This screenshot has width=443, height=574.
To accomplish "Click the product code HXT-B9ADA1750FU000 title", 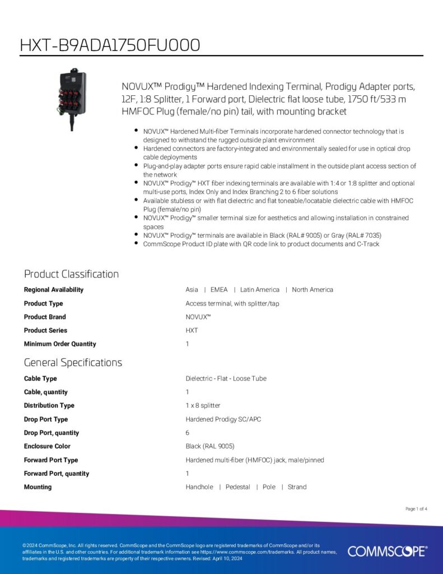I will (110, 45).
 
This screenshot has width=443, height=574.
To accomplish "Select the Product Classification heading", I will (71, 274).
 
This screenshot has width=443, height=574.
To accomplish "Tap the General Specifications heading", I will (73, 363).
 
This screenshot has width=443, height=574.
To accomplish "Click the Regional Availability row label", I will (54, 290).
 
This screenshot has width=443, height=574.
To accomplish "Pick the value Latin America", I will (259, 290).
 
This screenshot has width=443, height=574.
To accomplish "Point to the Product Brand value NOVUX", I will (198, 317).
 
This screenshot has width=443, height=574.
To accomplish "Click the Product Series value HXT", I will (192, 331).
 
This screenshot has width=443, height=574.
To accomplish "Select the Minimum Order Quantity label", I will (60, 344).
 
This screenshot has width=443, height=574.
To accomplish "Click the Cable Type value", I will (226, 379).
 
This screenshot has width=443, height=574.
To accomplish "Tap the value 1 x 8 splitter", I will (203, 406).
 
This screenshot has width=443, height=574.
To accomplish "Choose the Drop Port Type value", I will (223, 419).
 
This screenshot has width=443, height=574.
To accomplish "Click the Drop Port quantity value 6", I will (188, 433).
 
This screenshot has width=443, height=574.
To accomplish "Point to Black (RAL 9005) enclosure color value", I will (210, 447).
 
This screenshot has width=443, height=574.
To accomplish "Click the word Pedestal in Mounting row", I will (237, 487).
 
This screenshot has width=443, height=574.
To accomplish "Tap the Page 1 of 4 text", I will (416, 509).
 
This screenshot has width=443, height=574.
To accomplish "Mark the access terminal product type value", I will (232, 304).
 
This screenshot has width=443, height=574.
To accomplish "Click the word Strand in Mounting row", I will (297, 487).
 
